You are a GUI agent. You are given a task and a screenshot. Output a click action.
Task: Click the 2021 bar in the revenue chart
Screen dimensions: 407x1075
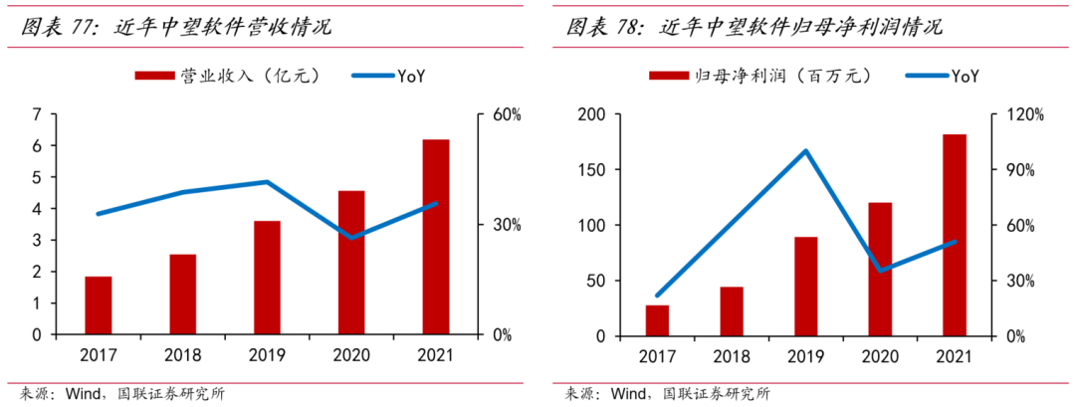[436, 237]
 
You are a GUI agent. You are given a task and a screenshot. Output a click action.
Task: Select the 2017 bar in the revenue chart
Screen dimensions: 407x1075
[99, 305]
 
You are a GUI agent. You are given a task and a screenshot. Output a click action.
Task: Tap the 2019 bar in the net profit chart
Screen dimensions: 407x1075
[805, 286]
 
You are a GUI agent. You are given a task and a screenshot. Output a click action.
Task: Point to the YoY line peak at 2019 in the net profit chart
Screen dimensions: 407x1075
[805, 151]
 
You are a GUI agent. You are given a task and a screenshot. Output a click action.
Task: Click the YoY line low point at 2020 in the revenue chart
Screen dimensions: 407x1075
[351, 238]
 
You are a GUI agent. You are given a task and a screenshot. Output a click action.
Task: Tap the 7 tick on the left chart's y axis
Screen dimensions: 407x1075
[37, 114]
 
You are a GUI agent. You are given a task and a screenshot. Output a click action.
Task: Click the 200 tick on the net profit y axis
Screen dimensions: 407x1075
[591, 114]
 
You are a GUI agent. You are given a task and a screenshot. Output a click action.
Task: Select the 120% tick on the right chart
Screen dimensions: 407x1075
[1022, 114]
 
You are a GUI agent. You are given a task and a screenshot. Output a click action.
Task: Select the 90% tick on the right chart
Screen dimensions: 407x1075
[1019, 170]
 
